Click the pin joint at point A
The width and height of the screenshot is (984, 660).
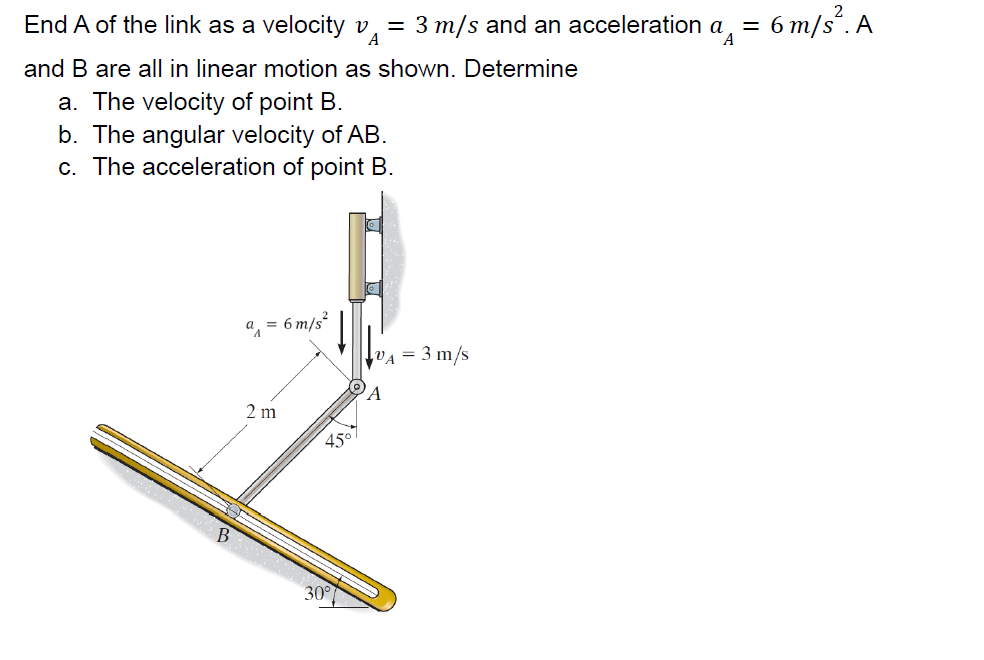tap(356, 386)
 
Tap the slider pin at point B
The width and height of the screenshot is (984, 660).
tap(233, 509)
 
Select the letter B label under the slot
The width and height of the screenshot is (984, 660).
tap(223, 535)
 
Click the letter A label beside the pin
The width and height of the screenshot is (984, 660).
tap(374, 394)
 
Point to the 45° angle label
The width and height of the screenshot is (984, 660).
tap(337, 441)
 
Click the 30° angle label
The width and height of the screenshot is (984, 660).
tap(317, 593)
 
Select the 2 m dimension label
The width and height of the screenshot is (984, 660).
tap(261, 411)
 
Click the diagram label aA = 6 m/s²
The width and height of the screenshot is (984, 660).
tap(285, 324)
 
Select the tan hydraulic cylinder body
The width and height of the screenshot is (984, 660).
tap(357, 255)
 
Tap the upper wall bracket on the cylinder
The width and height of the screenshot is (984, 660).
tap(374, 226)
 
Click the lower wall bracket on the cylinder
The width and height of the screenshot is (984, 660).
tap(374, 289)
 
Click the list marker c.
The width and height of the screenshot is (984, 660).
tap(67, 167)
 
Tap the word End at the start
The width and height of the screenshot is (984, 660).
tap(46, 25)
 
